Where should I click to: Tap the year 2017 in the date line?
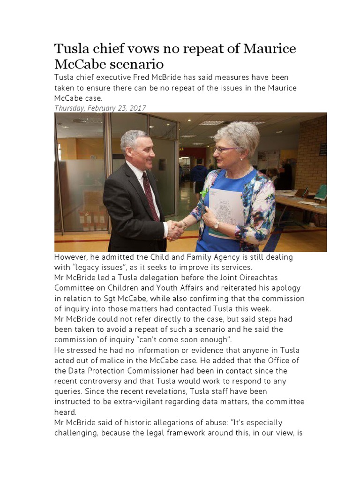point(136,108)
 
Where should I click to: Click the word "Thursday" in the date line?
point(70,108)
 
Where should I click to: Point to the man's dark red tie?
point(151,196)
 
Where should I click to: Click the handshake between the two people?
point(176,230)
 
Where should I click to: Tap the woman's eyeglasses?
point(225,149)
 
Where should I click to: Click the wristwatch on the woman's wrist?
point(217,225)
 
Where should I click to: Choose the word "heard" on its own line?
point(65,412)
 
